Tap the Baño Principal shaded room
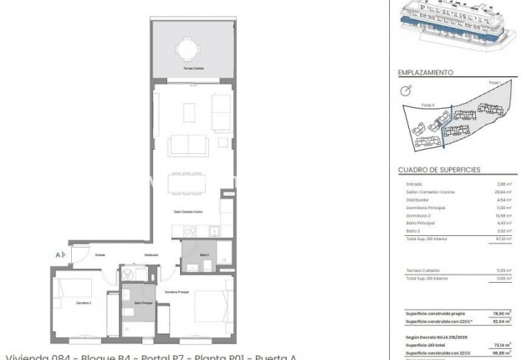[143, 306]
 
